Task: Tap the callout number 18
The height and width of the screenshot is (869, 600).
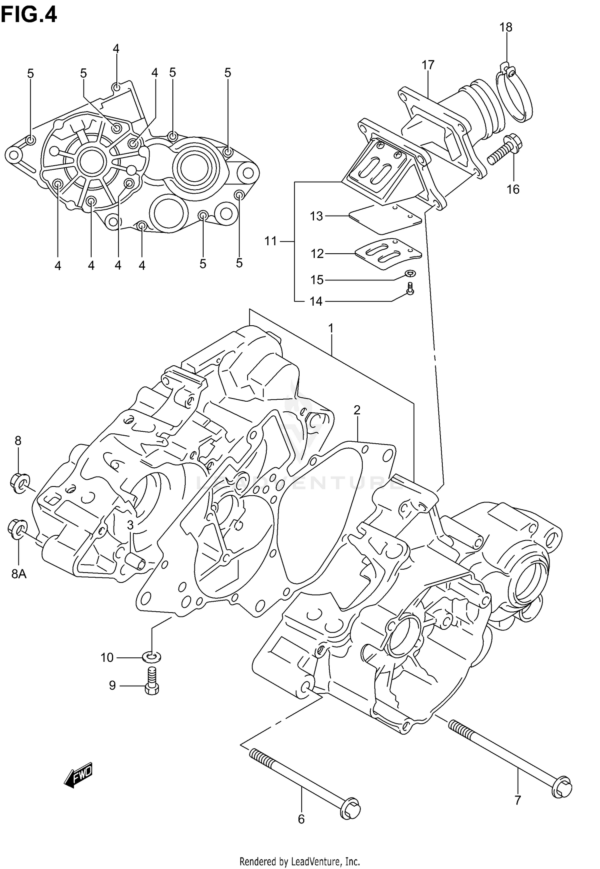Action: click(506, 27)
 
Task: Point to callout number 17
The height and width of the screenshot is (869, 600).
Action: click(428, 64)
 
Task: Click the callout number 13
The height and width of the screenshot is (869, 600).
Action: click(316, 216)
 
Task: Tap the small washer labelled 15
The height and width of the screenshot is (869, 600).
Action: click(410, 273)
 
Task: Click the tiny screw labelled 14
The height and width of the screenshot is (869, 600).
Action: click(410, 288)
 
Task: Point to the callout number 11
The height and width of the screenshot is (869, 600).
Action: click(270, 241)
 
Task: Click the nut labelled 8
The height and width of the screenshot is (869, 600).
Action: click(18, 483)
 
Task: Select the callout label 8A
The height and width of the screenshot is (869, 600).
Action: click(18, 575)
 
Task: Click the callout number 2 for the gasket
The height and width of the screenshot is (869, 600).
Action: click(357, 410)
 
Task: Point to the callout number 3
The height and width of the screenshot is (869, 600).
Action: click(130, 525)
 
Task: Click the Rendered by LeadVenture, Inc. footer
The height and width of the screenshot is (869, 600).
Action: click(300, 860)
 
